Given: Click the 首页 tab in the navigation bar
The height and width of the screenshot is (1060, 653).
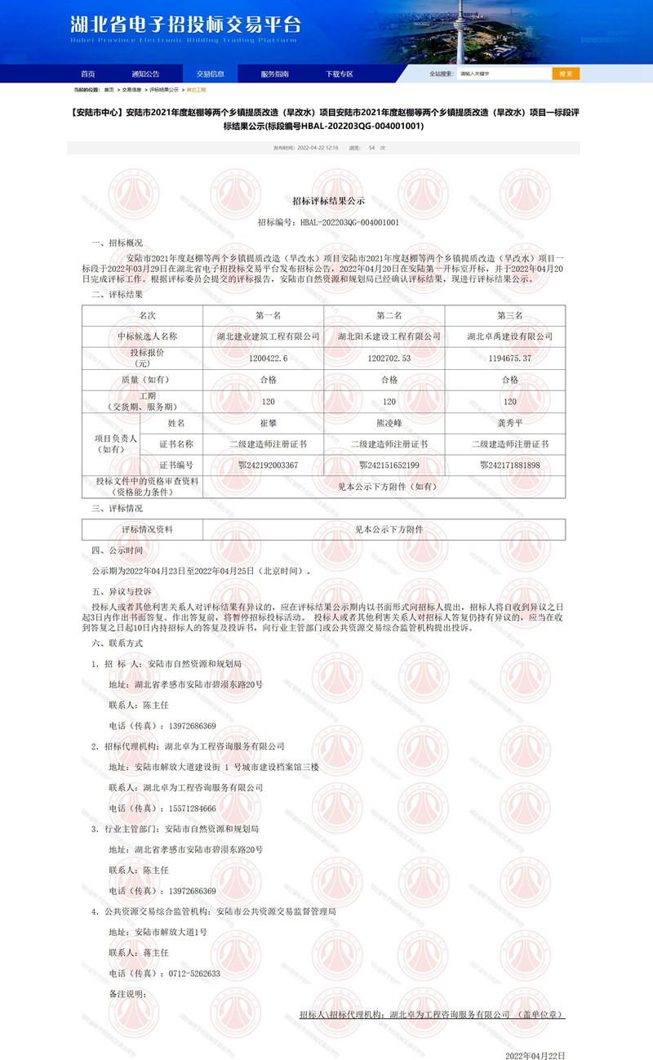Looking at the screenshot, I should click(x=87, y=73).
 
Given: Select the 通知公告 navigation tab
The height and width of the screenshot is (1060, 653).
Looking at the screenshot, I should click(x=145, y=73).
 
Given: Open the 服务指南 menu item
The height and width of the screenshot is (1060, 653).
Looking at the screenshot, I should click(x=274, y=73).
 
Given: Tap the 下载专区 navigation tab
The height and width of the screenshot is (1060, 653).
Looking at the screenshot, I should click(x=340, y=73).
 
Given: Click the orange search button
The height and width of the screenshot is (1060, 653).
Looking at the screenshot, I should click(x=566, y=73).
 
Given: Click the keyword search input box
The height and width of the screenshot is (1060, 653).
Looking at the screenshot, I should click(x=502, y=73).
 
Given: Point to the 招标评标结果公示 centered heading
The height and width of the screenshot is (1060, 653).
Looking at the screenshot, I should click(x=328, y=200).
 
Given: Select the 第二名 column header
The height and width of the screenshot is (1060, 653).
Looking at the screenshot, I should click(x=389, y=314).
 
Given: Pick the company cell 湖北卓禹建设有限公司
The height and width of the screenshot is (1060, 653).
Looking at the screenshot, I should click(x=510, y=336).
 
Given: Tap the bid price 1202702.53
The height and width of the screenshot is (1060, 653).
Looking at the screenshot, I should click(x=389, y=358).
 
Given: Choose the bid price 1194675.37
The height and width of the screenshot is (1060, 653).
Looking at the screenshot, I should click(x=510, y=358).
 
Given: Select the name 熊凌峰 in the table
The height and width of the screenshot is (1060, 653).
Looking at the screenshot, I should click(x=389, y=423).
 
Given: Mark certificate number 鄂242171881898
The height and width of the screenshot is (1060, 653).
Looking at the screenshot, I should click(x=510, y=465).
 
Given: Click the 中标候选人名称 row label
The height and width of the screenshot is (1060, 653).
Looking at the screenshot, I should click(x=148, y=336).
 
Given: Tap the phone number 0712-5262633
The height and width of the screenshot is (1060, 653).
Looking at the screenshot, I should click(x=193, y=973).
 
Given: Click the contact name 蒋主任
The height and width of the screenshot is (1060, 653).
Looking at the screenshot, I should click(x=156, y=952).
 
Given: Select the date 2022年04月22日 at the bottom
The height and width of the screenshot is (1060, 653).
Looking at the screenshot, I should click(x=535, y=1055).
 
